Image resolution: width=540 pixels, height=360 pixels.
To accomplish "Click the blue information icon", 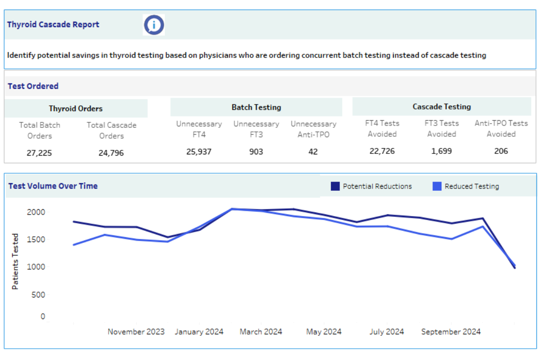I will tap(154, 25).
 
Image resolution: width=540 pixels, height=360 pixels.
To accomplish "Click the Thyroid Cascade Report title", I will tap(53, 25).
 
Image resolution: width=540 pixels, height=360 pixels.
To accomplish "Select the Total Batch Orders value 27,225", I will tap(39, 153).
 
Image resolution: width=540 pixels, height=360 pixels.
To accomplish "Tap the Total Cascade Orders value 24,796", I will tap(111, 153).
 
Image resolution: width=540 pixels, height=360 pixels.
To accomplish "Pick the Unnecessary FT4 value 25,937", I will tap(199, 152).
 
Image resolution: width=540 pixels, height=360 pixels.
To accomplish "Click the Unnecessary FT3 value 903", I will tap(256, 152).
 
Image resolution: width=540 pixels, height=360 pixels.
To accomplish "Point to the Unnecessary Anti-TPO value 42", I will tap(313, 152).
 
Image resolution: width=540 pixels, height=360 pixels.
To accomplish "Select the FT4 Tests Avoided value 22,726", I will tap(382, 151).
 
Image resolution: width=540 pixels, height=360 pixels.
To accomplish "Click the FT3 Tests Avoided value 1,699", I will tap(441, 151).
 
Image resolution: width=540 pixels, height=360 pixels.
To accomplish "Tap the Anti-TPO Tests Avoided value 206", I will tap(501, 151).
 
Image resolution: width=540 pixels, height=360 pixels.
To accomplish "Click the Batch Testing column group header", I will tap(256, 108).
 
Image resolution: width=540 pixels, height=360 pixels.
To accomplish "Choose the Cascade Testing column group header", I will tap(441, 107).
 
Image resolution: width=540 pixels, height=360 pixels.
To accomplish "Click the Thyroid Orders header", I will tap(76, 108).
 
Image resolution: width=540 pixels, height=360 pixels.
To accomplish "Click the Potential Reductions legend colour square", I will tap(335, 186).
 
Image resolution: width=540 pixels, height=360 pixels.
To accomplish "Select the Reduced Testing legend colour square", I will tap(437, 186).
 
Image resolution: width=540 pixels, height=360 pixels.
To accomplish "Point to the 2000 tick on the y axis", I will tap(36, 212).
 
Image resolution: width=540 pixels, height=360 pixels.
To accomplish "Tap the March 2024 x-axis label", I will tap(261, 332).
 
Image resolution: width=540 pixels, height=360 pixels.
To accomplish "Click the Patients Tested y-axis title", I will tap(15, 261).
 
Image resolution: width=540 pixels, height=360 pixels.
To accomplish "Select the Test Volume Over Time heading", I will tap(53, 186).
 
